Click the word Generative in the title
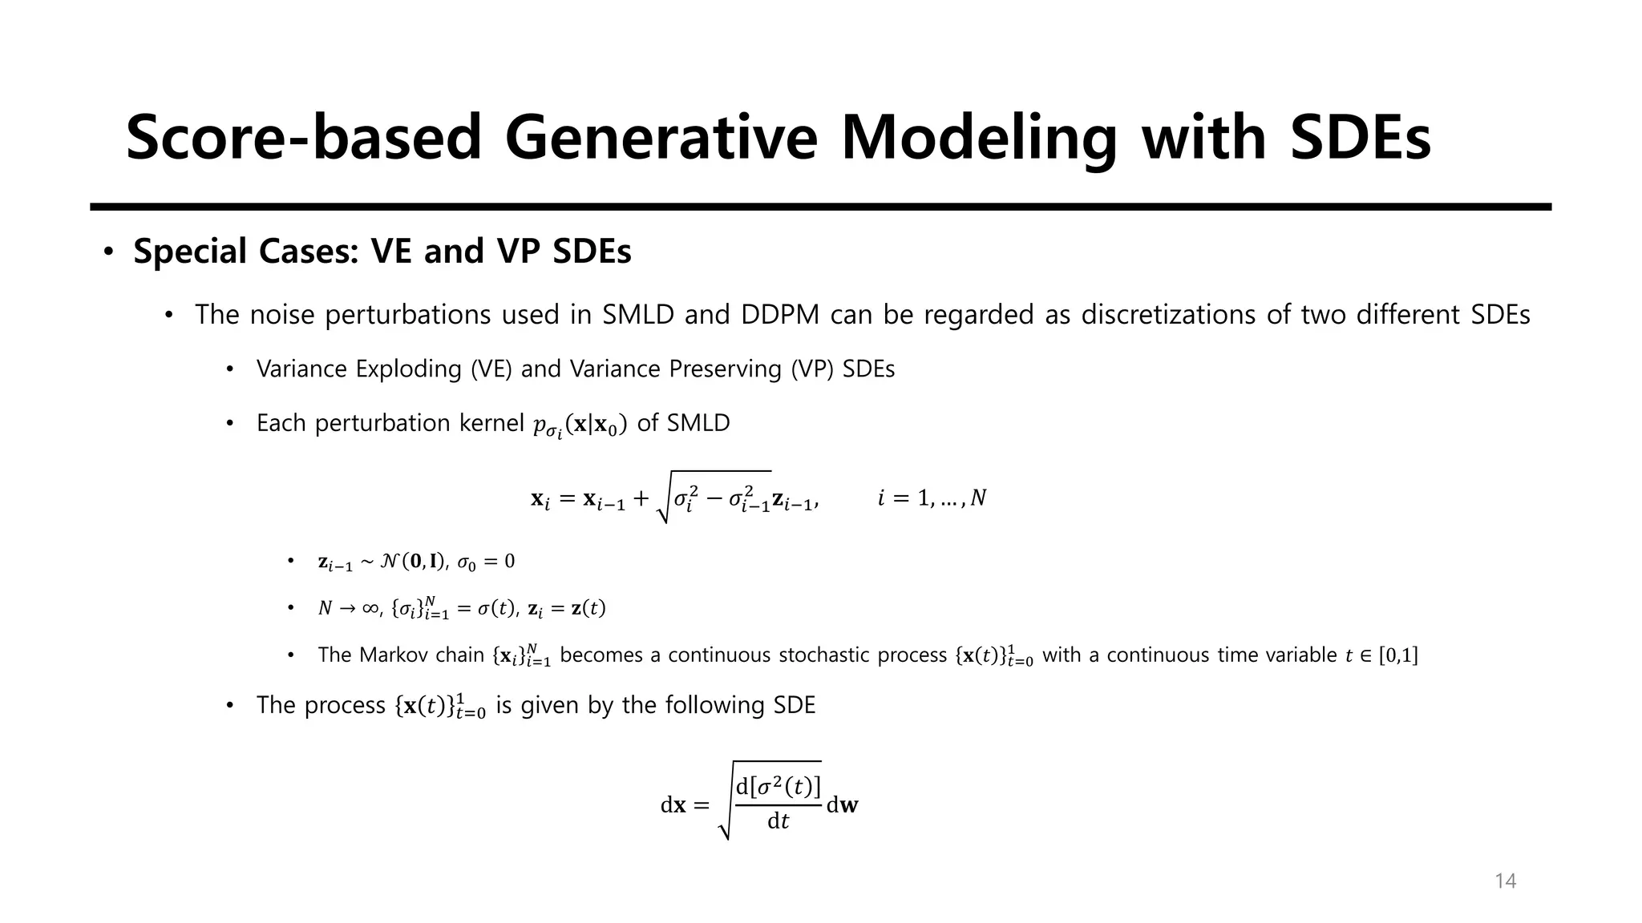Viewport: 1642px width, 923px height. [661, 138]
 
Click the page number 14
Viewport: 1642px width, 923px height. [1505, 881]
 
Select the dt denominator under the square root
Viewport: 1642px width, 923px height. [778, 821]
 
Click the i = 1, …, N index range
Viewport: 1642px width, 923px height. [932, 498]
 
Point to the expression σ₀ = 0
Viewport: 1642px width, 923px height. [486, 562]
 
